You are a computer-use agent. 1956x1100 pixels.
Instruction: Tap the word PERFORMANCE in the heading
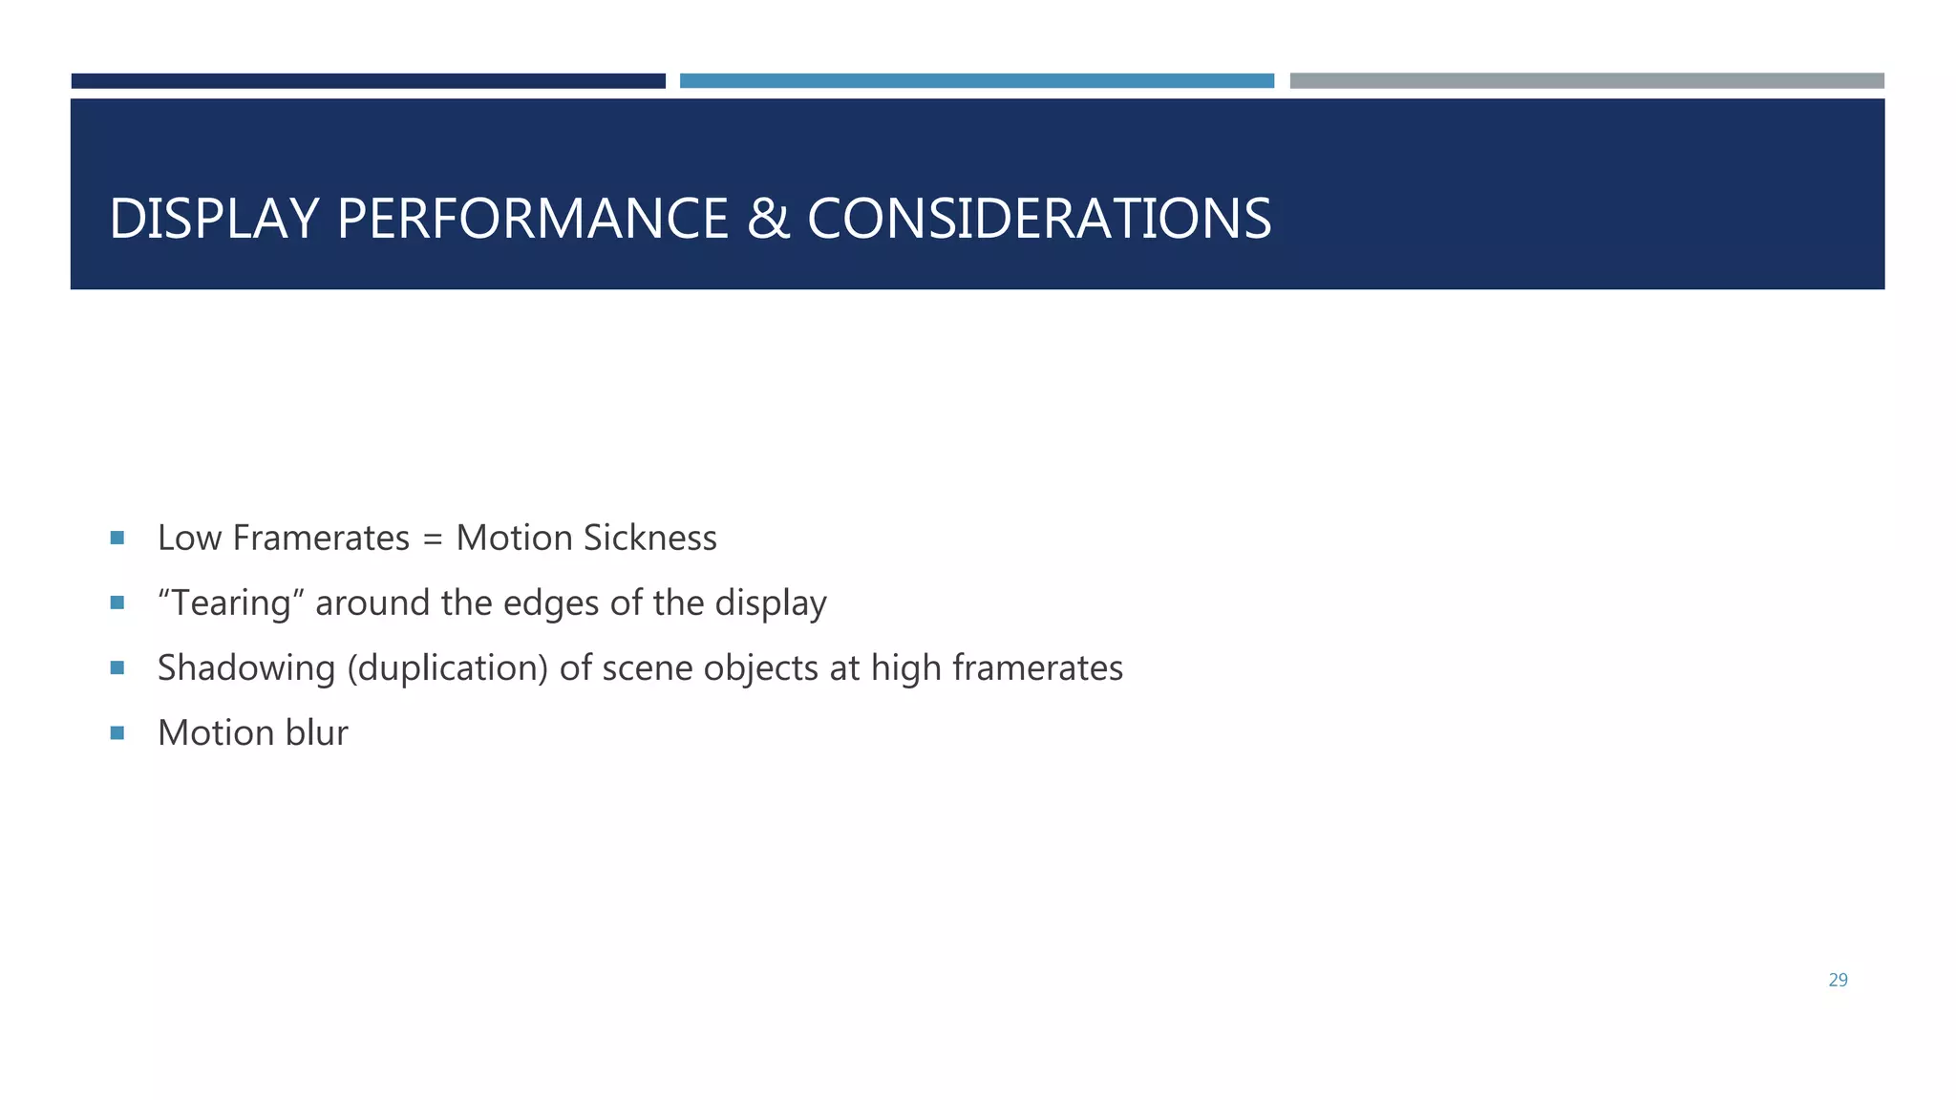[x=533, y=219]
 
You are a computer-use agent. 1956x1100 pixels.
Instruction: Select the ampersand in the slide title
[x=768, y=219]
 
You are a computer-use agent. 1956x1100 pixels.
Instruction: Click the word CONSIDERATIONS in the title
[x=1039, y=219]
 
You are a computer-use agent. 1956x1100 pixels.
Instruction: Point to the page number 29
[x=1838, y=980]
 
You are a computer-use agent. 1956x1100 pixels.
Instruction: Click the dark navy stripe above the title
[x=368, y=81]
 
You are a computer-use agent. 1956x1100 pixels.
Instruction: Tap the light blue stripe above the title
[x=976, y=81]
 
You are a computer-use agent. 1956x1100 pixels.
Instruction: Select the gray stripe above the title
[x=1586, y=81]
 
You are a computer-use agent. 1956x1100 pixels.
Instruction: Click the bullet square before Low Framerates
[x=117, y=538]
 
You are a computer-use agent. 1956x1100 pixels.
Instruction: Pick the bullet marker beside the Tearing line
[x=117, y=603]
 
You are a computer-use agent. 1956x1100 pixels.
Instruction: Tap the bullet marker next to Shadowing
[x=117, y=667]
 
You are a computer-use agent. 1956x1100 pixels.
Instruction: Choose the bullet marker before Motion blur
[x=117, y=732]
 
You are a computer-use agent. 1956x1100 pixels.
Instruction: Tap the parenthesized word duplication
[x=447, y=668]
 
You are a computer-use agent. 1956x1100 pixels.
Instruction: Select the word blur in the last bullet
[x=316, y=733]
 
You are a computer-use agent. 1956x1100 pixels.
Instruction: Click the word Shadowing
[x=246, y=668]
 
